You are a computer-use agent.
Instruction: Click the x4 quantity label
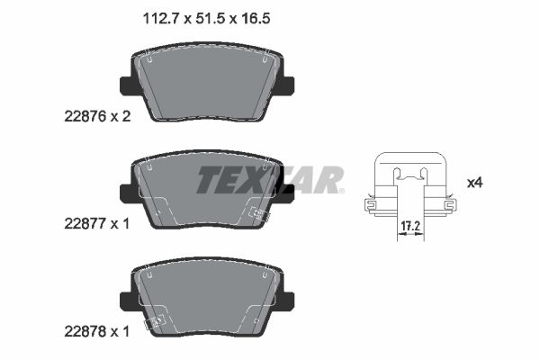pyautogui.click(x=475, y=183)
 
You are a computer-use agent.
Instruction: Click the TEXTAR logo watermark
pyautogui.click(x=270, y=180)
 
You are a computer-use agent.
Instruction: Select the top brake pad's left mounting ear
pyautogui.click(x=127, y=85)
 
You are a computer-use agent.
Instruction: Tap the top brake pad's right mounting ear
pyautogui.click(x=286, y=85)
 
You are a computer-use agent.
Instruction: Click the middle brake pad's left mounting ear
pyautogui.click(x=127, y=192)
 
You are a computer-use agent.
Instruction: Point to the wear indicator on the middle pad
pyautogui.click(x=259, y=215)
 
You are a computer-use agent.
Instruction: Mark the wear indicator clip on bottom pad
pyautogui.click(x=158, y=319)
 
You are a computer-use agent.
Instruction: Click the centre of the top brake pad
pyautogui.click(x=207, y=85)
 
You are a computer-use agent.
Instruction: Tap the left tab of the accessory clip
pyautogui.click(x=370, y=206)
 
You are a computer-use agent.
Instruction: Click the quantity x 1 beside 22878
pyautogui.click(x=124, y=331)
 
